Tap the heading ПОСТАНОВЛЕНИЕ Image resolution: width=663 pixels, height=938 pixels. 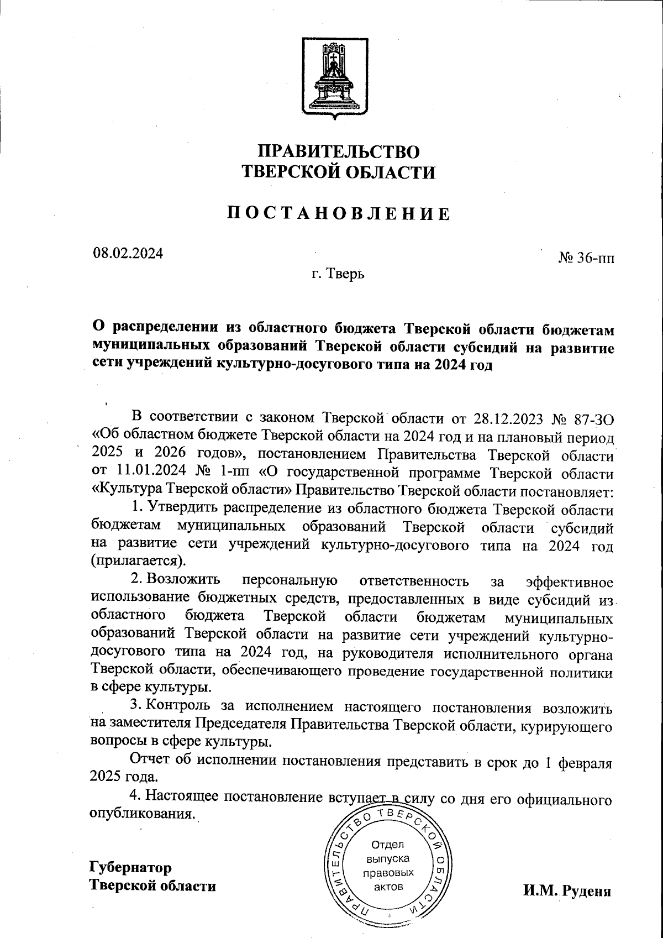tap(339, 213)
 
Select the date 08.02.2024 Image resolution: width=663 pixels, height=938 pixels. tap(128, 254)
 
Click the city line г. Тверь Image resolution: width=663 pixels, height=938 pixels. tap(338, 274)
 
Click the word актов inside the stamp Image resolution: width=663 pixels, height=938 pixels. tap(388, 887)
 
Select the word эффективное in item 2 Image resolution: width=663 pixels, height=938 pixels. tap(570, 583)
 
